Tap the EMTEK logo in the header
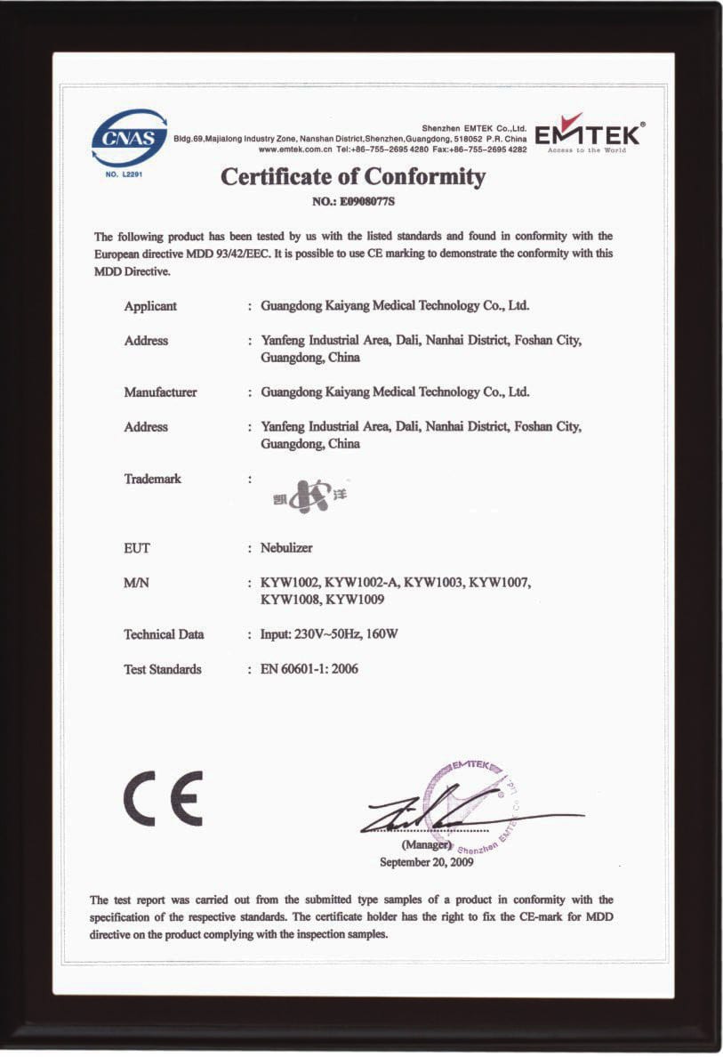(x=590, y=135)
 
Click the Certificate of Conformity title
(x=353, y=177)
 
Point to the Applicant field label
(x=150, y=306)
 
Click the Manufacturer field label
(x=160, y=392)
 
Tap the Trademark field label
(x=152, y=479)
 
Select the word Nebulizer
(x=286, y=548)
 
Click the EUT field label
(x=137, y=548)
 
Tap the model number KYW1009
(x=355, y=600)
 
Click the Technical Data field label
(x=164, y=634)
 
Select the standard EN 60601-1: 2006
(x=309, y=669)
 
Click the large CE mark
(x=163, y=798)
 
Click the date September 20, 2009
(x=426, y=862)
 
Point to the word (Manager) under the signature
(x=426, y=845)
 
